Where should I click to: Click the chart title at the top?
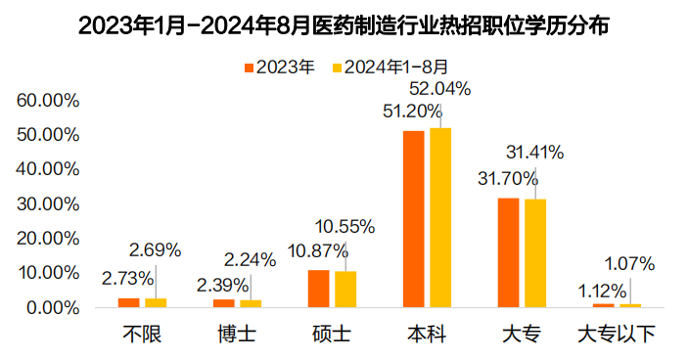pyautogui.click(x=344, y=26)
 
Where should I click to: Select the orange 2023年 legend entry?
pyautogui.click(x=279, y=67)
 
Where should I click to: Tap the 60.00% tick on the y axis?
pyautogui.click(x=47, y=101)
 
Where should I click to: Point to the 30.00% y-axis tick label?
pyautogui.click(x=47, y=203)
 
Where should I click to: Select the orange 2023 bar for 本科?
pyautogui.click(x=414, y=218)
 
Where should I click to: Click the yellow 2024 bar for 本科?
pyautogui.click(x=440, y=217)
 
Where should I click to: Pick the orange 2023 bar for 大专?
pyautogui.click(x=508, y=252)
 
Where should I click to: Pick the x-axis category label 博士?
pyautogui.click(x=238, y=335)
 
